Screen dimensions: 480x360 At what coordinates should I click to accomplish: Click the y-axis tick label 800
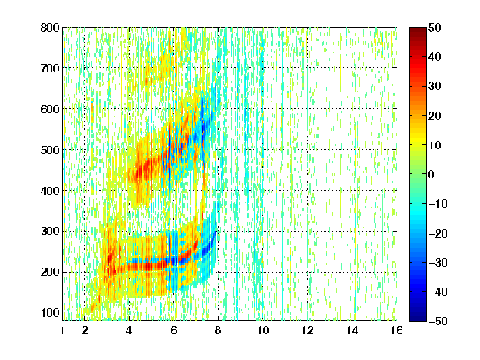50,27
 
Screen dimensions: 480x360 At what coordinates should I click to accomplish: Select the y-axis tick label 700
50,68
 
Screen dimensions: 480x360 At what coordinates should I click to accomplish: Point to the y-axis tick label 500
50,150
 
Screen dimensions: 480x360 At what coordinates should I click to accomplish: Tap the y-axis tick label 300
50,232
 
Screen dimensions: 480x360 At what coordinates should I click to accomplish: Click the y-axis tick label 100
50,312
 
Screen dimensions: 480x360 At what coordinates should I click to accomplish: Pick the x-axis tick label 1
62,330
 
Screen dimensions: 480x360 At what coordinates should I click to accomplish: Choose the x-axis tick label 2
84,330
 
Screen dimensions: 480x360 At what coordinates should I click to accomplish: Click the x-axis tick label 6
173,330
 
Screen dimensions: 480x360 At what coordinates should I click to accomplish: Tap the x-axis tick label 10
263,330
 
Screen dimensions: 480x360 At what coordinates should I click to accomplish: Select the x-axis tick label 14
352,330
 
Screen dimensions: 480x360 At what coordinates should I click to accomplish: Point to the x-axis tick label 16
397,330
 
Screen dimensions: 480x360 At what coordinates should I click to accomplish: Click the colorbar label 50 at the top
435,27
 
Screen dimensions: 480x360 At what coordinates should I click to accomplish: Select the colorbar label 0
432,174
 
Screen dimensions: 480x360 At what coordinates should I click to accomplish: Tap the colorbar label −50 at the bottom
437,321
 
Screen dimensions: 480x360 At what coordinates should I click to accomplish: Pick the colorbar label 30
435,87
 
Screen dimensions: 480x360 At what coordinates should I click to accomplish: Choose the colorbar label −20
437,233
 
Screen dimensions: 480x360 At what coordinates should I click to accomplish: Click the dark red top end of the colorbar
417,29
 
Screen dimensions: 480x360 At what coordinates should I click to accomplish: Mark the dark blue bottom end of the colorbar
417,319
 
